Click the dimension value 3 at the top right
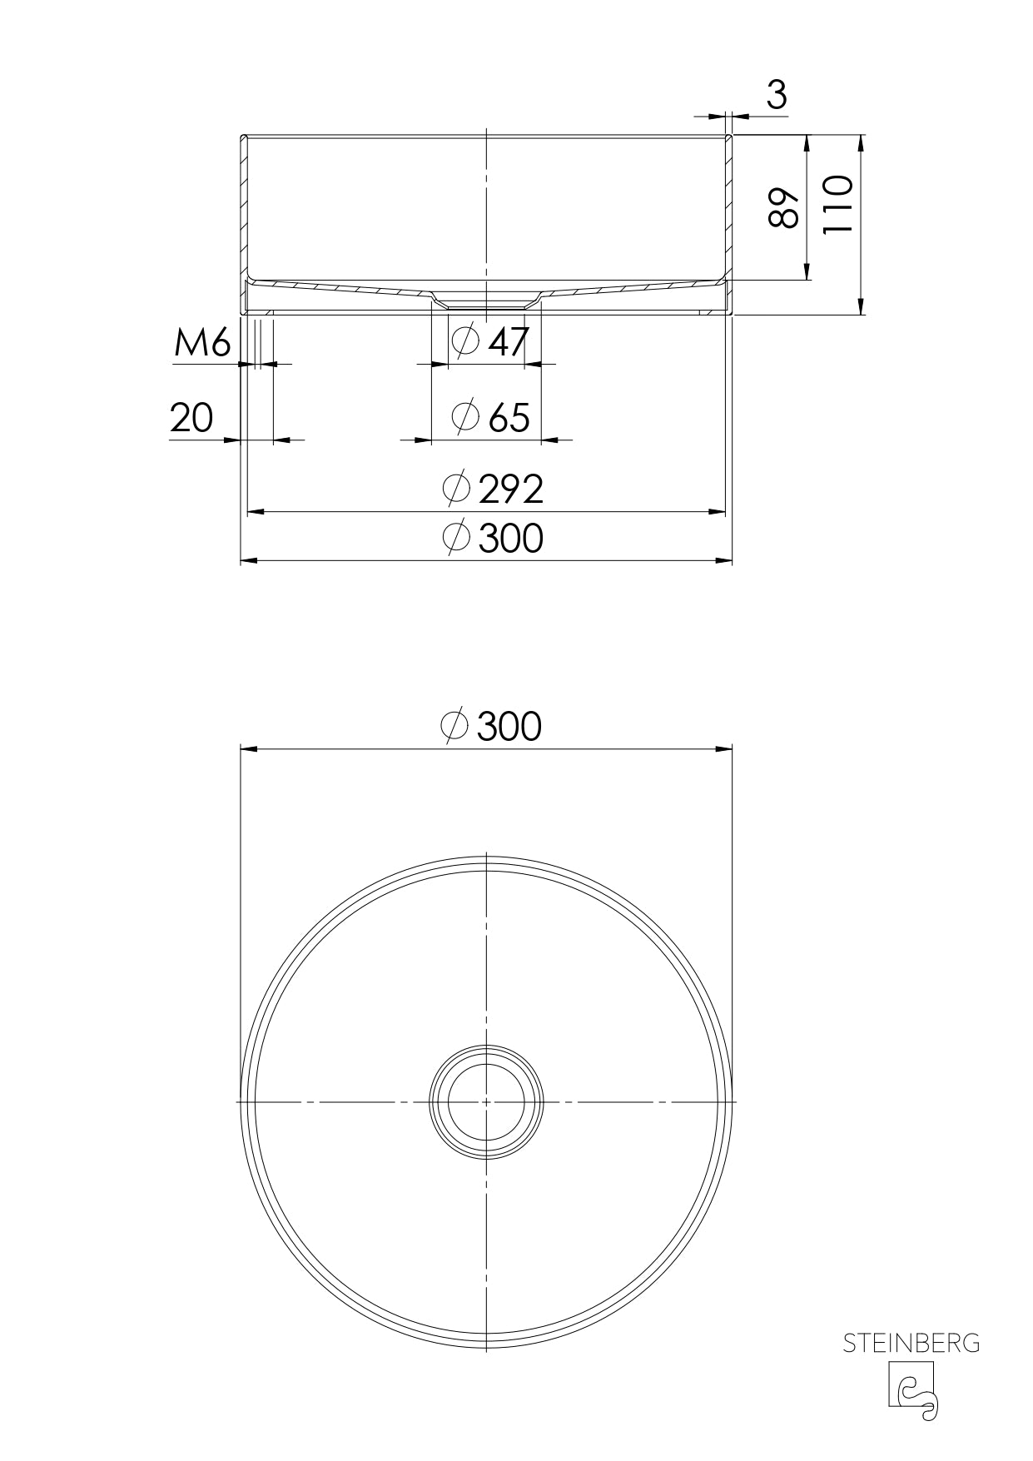pos(776,95)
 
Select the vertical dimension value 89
pos(783,208)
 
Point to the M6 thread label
pos(201,343)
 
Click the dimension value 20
pos(191,418)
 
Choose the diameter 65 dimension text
pos(490,416)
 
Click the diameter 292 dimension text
pos(493,489)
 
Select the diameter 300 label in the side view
pos(493,538)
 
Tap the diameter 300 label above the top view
pos(491,726)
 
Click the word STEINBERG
pos(911,1344)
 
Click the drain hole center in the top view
pos(486,1101)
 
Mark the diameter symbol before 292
pos(456,489)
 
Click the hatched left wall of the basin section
pos(244,208)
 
